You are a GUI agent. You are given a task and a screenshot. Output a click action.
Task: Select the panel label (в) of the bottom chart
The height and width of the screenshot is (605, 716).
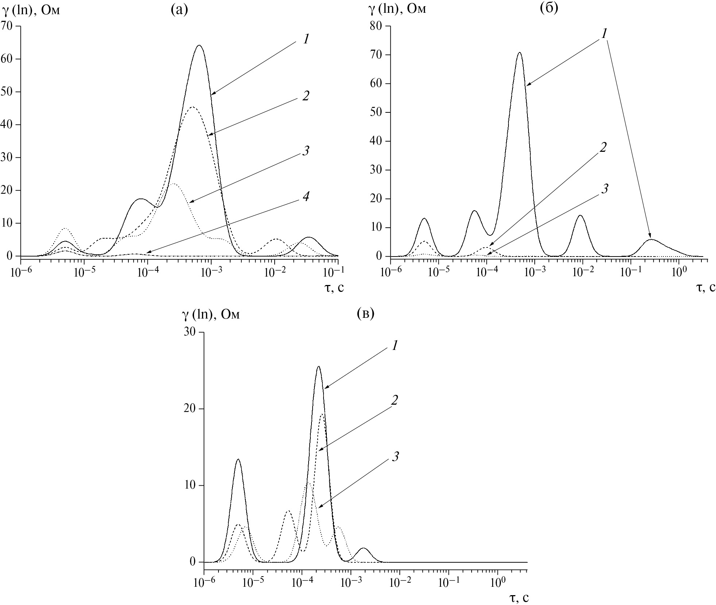[x=365, y=313]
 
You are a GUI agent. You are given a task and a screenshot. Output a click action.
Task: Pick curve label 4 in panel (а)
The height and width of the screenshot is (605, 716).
[x=306, y=197]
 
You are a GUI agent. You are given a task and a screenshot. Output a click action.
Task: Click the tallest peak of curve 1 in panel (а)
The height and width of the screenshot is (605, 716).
[x=199, y=45]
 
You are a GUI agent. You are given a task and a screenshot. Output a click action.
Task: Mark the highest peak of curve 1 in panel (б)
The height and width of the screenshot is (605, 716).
[x=519, y=53]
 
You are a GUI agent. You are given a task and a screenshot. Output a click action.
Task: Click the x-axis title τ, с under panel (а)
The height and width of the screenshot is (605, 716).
[x=334, y=288]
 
